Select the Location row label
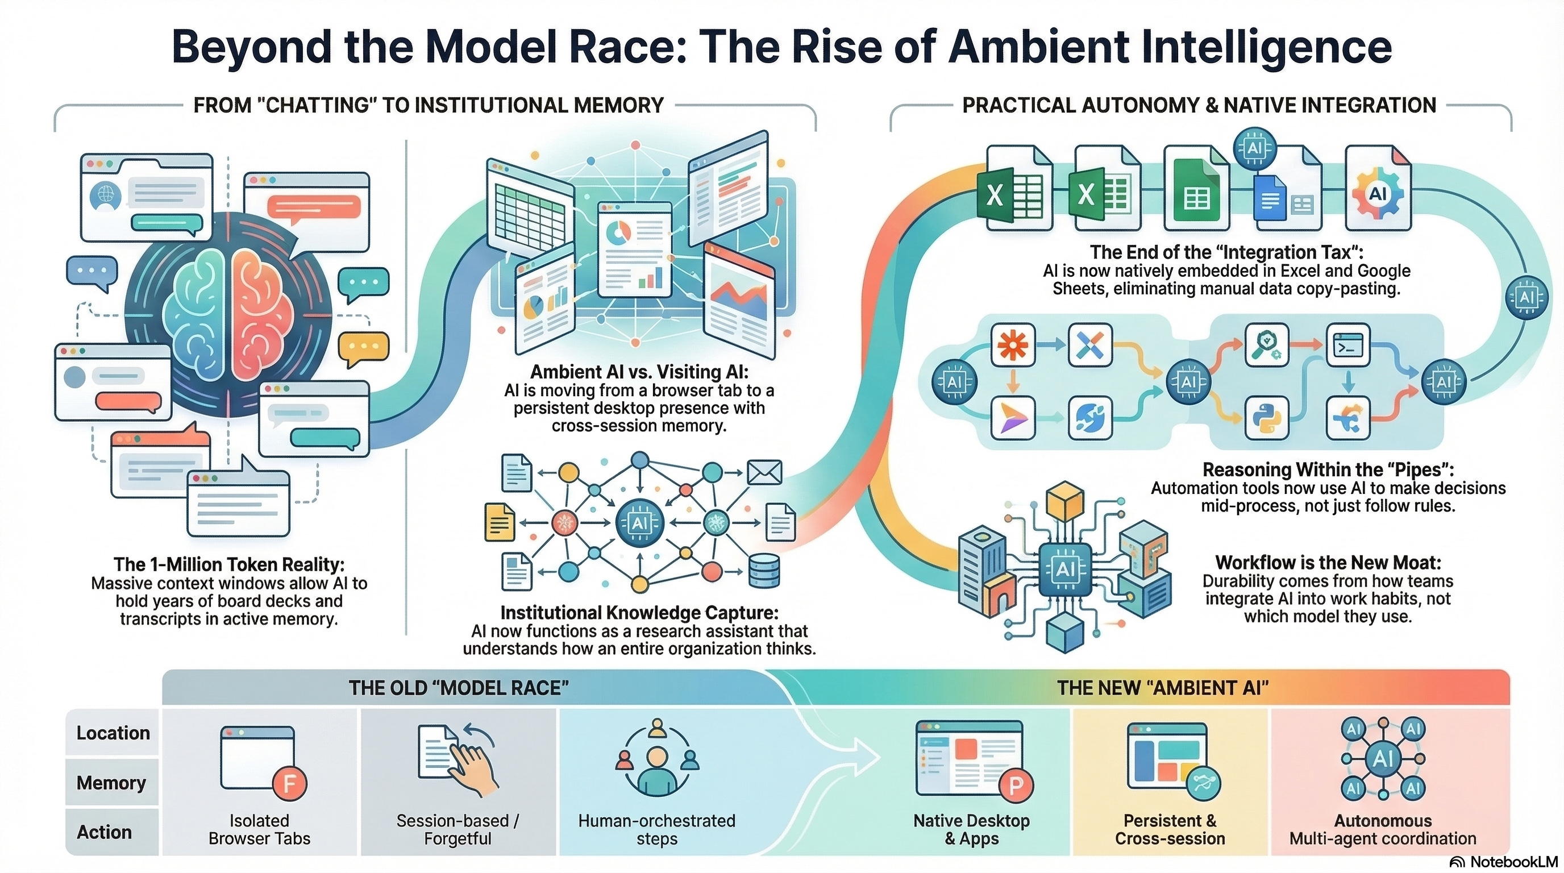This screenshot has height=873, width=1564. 113,733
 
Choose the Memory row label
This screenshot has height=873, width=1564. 111,783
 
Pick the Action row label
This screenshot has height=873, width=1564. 104,832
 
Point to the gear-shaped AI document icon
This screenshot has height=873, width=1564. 1378,194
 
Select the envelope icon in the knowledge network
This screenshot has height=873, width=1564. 764,473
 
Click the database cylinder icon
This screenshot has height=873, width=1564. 764,571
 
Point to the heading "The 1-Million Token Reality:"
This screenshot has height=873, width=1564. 229,564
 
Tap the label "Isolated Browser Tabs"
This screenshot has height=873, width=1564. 259,829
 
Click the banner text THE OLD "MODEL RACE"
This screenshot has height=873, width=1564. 459,688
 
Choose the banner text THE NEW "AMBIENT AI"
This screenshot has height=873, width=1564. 1163,688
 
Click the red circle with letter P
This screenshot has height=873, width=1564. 1016,785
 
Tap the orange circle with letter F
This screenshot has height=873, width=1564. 290,784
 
